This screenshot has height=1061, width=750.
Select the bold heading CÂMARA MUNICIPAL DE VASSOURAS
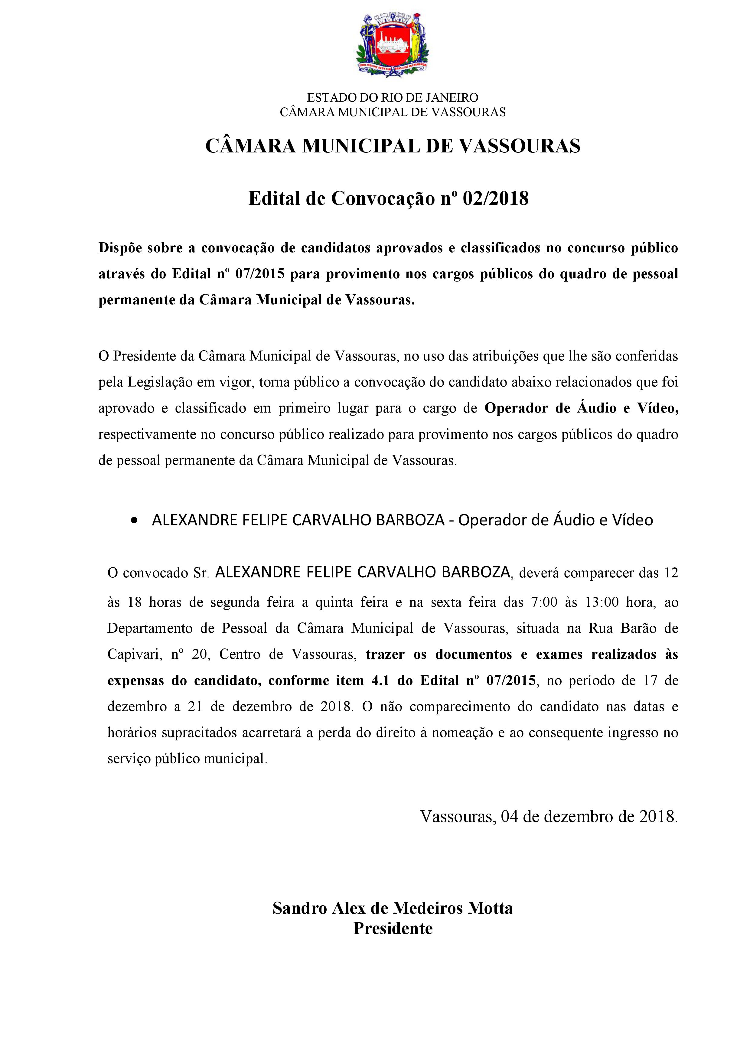393,146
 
